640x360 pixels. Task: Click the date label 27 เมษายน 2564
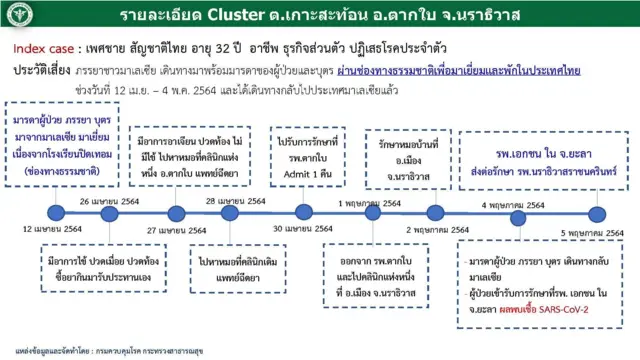pyautogui.click(x=171, y=230)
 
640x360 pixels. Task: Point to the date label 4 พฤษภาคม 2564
pyautogui.click(x=516, y=201)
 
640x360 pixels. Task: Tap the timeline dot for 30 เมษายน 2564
pyautogui.click(x=305, y=213)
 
